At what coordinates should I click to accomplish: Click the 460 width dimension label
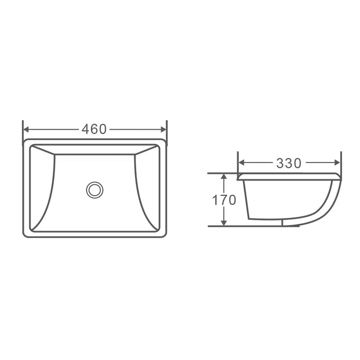point(94,129)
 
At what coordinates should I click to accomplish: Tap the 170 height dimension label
point(224,200)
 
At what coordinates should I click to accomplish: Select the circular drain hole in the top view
point(94,189)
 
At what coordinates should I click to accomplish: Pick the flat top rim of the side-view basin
point(288,175)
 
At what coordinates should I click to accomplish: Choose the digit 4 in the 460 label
point(85,129)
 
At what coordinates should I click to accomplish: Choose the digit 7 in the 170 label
point(224,200)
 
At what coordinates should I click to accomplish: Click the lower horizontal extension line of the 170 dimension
point(216,226)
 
